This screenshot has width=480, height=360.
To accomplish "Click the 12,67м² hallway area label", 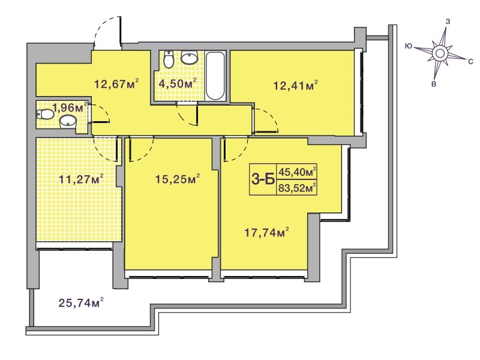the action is tap(116, 83).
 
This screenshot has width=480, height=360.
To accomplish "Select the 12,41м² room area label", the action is tap(295, 85).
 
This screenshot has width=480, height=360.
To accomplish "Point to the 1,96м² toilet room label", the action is tap(70, 107).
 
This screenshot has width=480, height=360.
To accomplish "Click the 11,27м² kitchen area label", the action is tap(81, 179).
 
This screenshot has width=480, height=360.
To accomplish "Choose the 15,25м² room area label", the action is tap(178, 179).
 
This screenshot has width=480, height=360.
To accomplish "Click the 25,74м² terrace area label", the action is tap(81, 303).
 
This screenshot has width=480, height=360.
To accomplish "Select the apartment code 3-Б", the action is tap(263, 179).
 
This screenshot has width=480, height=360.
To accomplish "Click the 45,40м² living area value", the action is tap(297, 172).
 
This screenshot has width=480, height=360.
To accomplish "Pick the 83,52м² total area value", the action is tap(297, 188).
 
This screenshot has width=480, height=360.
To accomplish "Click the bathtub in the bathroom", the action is tap(215, 76).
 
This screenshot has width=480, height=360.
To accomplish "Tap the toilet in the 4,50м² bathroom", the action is tap(169, 59).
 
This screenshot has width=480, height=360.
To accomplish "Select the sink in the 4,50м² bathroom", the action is tap(189, 58).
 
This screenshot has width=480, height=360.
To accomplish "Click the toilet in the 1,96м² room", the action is tap(45, 115).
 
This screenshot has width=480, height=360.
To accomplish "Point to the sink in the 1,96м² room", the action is tap(68, 121).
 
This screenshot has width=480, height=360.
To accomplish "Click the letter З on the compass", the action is tap(447, 22).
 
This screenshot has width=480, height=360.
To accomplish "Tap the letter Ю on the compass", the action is tap(408, 46).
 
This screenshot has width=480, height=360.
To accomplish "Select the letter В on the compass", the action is tap(434, 84).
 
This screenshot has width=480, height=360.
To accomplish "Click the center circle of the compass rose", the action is tap(440, 53).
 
